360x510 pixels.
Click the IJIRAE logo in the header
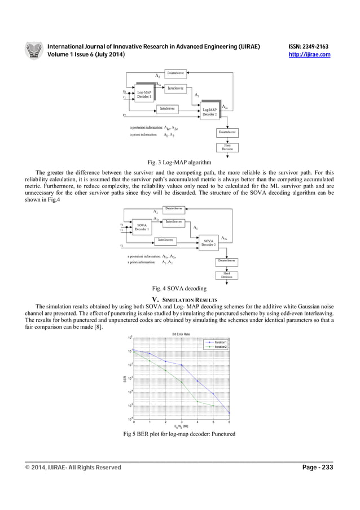tap(33, 50)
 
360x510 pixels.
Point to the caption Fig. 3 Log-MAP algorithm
tap(179, 162)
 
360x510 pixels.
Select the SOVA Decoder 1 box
tap(142, 227)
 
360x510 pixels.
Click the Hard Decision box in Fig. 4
tap(226, 275)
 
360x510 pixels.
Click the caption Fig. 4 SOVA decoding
tap(179, 289)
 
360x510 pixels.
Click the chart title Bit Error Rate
tap(181, 334)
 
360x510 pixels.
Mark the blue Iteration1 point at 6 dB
tap(229, 413)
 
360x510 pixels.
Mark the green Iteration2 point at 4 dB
tap(197, 402)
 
